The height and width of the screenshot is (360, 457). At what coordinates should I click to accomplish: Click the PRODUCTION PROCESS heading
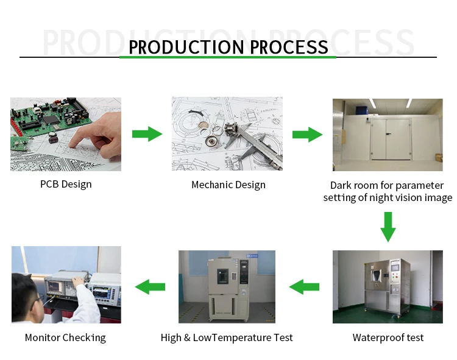[x=228, y=46]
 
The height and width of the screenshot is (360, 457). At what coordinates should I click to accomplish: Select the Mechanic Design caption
[x=228, y=185]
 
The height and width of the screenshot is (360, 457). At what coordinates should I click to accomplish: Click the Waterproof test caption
[x=388, y=337]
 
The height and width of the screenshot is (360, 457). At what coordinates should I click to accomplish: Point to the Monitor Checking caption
[x=65, y=337]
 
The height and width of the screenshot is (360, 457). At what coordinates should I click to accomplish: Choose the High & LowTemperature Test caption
[x=227, y=337]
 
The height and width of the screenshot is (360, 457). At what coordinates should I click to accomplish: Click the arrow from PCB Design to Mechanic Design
[x=147, y=134]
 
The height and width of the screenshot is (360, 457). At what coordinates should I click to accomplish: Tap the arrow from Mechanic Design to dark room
[x=307, y=134]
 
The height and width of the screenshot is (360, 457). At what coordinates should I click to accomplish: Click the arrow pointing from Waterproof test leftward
[x=304, y=286]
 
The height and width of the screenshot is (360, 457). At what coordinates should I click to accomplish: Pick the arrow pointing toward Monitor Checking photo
[x=150, y=286]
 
